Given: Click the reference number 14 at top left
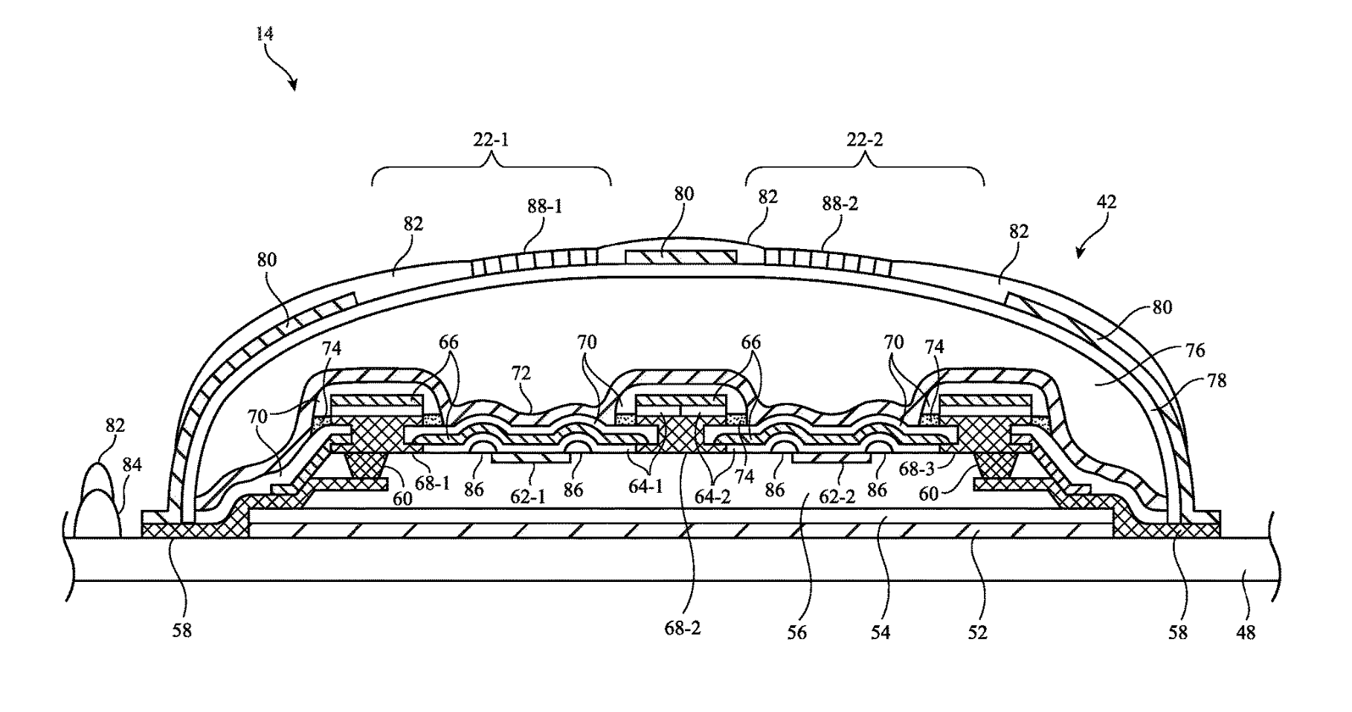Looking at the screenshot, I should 265,34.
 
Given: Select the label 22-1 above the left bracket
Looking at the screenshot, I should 492,139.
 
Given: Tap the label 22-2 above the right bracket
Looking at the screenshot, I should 866,139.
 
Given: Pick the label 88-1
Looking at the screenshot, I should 544,205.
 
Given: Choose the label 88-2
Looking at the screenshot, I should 840,203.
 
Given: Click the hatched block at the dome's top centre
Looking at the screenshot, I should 680,256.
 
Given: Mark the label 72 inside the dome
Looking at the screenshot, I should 521,374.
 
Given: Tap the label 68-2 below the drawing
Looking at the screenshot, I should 683,628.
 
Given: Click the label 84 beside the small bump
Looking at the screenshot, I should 132,466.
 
